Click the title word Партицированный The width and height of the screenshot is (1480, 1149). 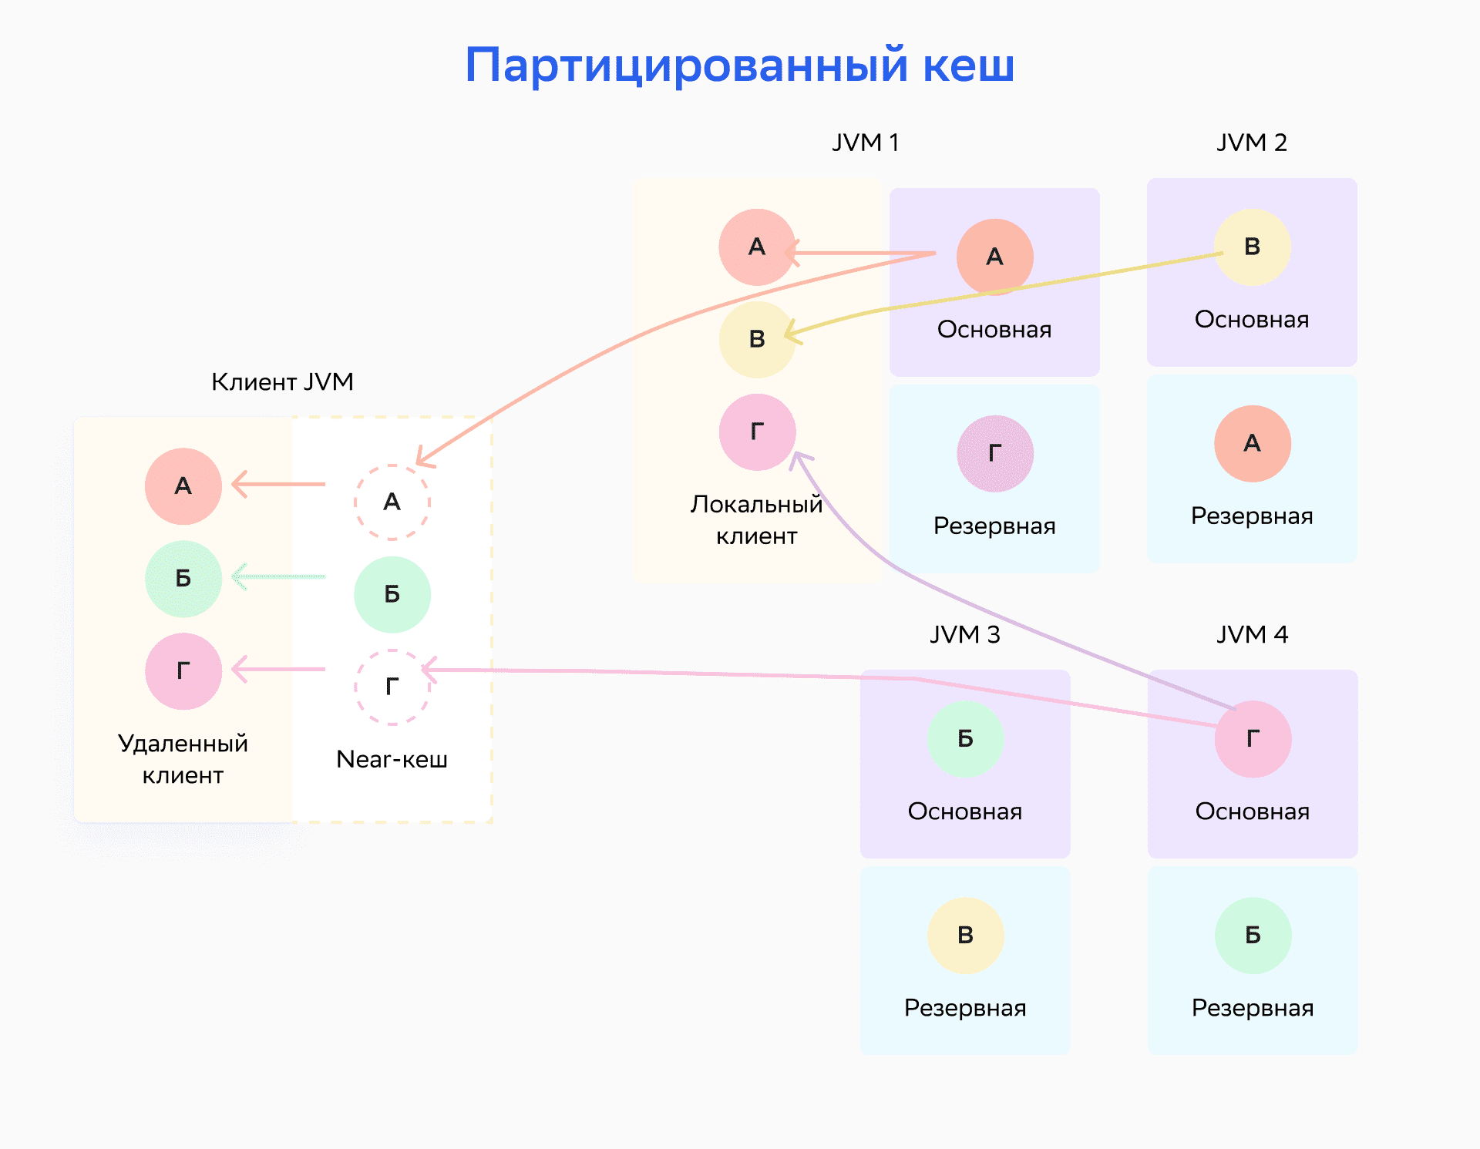point(687,66)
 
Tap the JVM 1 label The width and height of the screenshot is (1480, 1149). point(865,143)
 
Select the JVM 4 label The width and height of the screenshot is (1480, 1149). point(1252,634)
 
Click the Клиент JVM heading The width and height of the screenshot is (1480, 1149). point(282,381)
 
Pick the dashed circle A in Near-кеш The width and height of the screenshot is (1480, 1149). point(392,502)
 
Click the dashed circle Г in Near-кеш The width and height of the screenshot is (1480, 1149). point(392,687)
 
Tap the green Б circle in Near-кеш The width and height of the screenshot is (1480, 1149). point(392,594)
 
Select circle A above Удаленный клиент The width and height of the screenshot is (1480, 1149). point(183,486)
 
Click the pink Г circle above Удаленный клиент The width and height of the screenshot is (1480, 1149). point(183,671)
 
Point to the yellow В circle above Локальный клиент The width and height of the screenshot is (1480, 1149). point(757,339)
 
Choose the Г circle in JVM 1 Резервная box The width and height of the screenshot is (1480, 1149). point(994,453)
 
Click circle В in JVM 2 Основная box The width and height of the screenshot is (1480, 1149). point(1252,247)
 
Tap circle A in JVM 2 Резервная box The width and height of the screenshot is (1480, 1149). point(1252,443)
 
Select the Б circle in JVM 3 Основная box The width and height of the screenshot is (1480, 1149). point(965,738)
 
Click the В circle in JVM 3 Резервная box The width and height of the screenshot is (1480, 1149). point(965,935)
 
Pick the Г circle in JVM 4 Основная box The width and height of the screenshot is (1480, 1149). point(1253,738)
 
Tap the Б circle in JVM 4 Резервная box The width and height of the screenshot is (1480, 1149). point(1253,935)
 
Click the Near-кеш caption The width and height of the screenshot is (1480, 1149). point(392,759)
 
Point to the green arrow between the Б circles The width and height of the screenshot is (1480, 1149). point(278,576)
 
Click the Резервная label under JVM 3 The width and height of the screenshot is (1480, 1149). point(965,1007)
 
